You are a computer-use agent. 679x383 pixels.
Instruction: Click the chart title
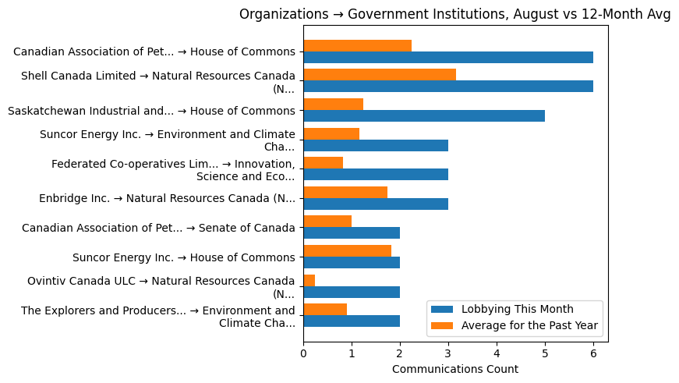(454, 14)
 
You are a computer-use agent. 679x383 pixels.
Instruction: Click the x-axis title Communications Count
(454, 369)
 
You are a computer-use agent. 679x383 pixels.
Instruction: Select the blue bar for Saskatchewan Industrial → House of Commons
(424, 115)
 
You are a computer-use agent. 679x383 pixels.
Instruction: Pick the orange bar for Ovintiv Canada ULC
(309, 280)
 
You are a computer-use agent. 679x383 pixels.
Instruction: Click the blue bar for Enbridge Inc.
(376, 204)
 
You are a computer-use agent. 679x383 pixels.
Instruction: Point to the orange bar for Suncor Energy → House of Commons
(347, 250)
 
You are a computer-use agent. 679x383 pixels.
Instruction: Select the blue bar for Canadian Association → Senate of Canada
(352, 233)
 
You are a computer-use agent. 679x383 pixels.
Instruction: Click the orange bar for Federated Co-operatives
(323, 162)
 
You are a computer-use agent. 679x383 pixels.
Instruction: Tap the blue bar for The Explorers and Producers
(352, 321)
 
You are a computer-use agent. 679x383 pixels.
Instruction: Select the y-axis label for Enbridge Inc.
(167, 198)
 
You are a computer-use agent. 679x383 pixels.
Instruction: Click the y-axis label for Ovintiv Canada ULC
(161, 286)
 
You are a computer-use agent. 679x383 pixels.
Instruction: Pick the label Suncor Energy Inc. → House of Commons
(183, 257)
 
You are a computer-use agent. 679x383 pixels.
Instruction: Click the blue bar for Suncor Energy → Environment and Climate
(376, 145)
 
